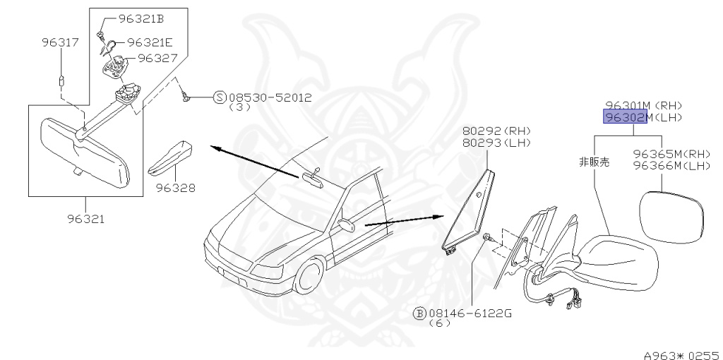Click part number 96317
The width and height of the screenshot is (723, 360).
pyautogui.click(x=59, y=43)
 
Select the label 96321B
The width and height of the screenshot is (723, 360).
pyautogui.click(x=141, y=19)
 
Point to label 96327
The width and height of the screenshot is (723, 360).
pyautogui.click(x=157, y=58)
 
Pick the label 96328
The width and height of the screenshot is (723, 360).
pyautogui.click(x=175, y=188)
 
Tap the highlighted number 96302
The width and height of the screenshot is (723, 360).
pyautogui.click(x=623, y=117)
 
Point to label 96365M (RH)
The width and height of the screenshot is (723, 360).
pyautogui.click(x=671, y=154)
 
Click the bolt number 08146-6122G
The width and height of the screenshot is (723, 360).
pyautogui.click(x=470, y=313)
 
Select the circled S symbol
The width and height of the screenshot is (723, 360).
pyautogui.click(x=220, y=97)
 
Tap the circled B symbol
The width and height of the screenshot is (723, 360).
pyautogui.click(x=418, y=313)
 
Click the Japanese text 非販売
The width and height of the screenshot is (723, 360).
pyautogui.click(x=594, y=162)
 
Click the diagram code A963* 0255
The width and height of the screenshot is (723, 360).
pyautogui.click(x=680, y=351)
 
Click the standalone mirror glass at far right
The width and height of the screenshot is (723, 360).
pyautogui.click(x=671, y=216)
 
